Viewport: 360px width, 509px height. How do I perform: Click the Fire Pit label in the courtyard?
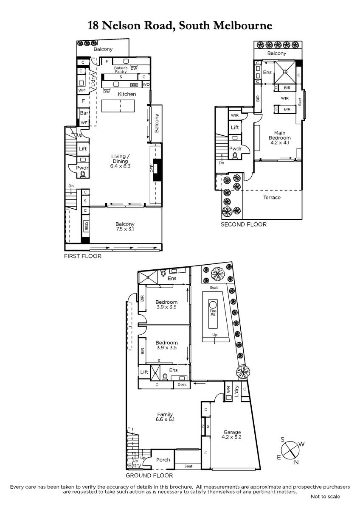click(x=213, y=313)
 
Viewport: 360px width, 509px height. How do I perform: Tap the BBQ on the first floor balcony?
click(x=86, y=226)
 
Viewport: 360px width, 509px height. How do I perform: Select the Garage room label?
click(x=232, y=432)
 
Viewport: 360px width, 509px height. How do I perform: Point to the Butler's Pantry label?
click(x=121, y=70)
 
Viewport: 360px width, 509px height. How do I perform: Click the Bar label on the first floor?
click(x=84, y=113)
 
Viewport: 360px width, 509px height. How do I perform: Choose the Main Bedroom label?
click(x=279, y=135)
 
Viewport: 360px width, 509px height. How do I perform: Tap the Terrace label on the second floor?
click(x=272, y=198)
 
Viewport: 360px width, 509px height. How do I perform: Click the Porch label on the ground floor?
click(x=163, y=460)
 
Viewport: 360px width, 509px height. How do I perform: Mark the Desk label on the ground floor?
click(x=182, y=384)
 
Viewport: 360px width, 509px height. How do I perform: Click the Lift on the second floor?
click(x=235, y=127)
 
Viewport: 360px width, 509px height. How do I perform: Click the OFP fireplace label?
click(x=152, y=168)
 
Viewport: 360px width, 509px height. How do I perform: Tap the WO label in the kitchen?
click(x=146, y=84)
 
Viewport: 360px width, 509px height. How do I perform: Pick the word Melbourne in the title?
click(x=243, y=25)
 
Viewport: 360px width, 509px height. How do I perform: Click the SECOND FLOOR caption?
click(x=244, y=224)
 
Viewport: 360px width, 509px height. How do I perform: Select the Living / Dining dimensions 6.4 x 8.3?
click(x=120, y=166)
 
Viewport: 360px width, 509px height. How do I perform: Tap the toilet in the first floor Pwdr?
click(x=82, y=174)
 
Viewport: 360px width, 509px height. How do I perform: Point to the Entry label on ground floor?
click(x=135, y=465)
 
